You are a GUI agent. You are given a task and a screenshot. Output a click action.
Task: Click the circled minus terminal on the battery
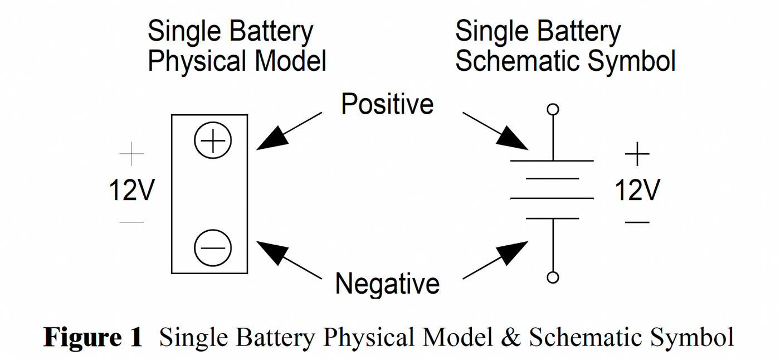click(212, 248)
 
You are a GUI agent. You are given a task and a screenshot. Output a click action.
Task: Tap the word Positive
click(387, 104)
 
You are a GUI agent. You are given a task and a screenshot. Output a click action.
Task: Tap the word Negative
click(387, 283)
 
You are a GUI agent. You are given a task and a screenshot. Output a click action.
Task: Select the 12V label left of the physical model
click(131, 191)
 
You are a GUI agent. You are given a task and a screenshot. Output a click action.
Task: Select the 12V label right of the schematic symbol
click(637, 191)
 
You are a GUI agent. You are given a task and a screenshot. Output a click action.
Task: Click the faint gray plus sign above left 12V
click(131, 154)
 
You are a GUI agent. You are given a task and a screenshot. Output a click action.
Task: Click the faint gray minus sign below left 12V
click(131, 222)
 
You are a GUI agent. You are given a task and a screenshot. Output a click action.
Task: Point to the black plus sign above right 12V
click(637, 154)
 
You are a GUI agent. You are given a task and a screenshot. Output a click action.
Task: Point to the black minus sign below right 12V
click(637, 222)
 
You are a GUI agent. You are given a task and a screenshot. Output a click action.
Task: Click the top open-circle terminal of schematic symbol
click(553, 109)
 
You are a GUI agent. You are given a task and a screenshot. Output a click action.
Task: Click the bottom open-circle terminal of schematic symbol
click(553, 277)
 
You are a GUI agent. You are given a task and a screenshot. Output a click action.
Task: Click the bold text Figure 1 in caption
click(93, 338)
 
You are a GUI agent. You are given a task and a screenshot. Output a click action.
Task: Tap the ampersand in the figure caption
click(512, 338)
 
